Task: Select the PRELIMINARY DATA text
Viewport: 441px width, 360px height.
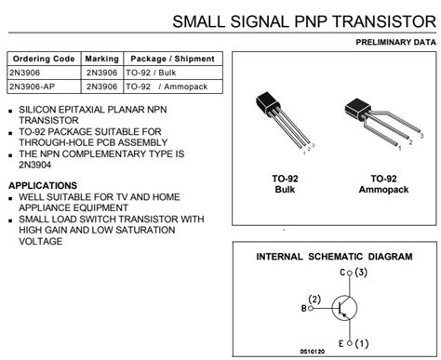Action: (394, 43)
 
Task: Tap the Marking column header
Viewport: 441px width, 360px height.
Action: (101, 59)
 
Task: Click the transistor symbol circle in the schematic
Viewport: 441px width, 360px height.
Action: (344, 307)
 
